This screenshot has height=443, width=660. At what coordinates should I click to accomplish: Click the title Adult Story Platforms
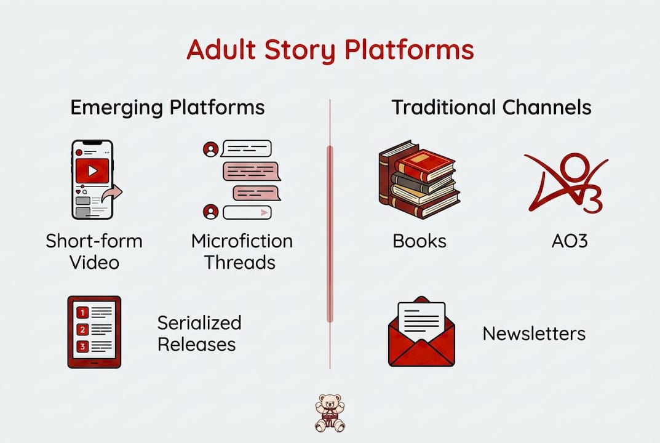point(330,50)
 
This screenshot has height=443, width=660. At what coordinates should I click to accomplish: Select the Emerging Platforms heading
point(167,108)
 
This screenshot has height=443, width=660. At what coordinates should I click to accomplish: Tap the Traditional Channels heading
point(491,108)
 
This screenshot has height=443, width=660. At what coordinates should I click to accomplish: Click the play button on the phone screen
point(92,170)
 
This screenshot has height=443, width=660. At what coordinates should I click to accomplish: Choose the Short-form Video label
point(94,252)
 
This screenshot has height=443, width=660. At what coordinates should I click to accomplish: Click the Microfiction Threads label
point(242,252)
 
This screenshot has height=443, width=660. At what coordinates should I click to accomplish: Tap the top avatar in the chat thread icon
point(210,149)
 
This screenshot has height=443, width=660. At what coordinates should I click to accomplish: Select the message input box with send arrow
point(247,212)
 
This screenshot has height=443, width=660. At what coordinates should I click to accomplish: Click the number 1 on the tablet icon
point(82,313)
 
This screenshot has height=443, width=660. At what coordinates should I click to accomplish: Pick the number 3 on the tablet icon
point(82,346)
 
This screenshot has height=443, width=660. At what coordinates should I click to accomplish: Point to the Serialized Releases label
point(199,333)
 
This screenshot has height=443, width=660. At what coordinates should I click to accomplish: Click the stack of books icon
point(419,180)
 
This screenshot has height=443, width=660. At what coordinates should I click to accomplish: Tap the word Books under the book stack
point(419,241)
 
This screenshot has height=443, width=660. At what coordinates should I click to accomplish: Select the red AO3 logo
point(566,183)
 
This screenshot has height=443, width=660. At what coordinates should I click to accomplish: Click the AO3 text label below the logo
point(570,241)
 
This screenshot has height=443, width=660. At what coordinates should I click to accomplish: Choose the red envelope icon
point(421,332)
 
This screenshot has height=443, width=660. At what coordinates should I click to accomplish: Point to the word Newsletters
point(534,333)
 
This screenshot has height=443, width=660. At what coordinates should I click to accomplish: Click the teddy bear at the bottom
point(330,413)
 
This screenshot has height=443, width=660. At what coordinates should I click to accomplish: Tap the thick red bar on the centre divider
point(330,234)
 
